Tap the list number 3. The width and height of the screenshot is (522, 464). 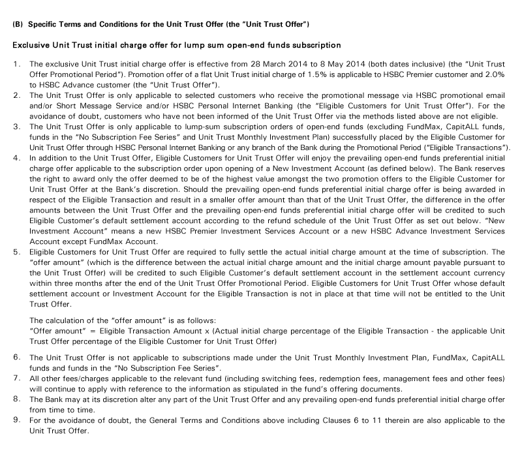[x=16, y=125]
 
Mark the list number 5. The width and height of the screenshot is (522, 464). [x=16, y=251]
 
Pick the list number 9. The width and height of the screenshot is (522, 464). [x=16, y=420]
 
